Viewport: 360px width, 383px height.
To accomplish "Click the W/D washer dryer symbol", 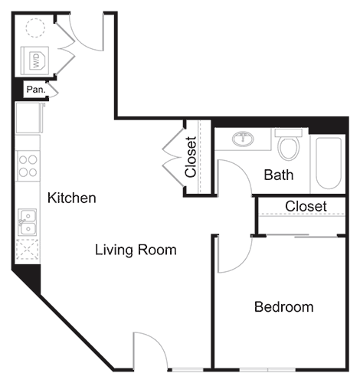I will (35, 59).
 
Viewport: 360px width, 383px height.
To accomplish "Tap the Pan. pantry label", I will (35, 90).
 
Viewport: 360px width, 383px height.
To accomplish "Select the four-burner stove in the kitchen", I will (28, 166).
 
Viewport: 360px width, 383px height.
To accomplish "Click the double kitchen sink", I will (28, 221).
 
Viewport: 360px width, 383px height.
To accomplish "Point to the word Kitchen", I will (72, 198).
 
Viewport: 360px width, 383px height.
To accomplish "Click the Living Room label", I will (136, 250).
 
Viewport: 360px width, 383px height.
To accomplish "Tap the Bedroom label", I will (283, 307).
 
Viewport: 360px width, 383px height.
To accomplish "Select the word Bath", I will (278, 175).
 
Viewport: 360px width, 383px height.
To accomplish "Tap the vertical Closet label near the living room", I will (191, 156).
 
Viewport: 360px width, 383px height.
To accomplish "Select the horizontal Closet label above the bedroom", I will (306, 207).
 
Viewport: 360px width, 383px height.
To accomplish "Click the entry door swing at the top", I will (85, 35).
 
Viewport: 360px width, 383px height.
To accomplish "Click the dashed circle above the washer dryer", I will (34, 28).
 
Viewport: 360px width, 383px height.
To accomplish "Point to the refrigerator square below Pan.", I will (29, 117).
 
